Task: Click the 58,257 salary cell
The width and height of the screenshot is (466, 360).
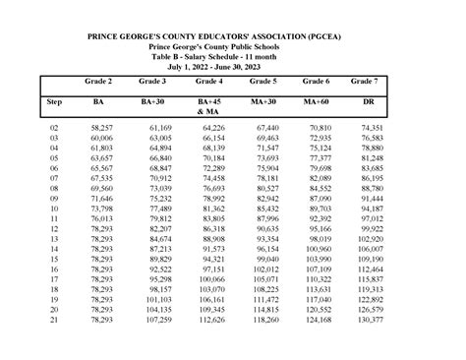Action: point(101,128)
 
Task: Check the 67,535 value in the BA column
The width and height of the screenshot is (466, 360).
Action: point(101,178)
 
